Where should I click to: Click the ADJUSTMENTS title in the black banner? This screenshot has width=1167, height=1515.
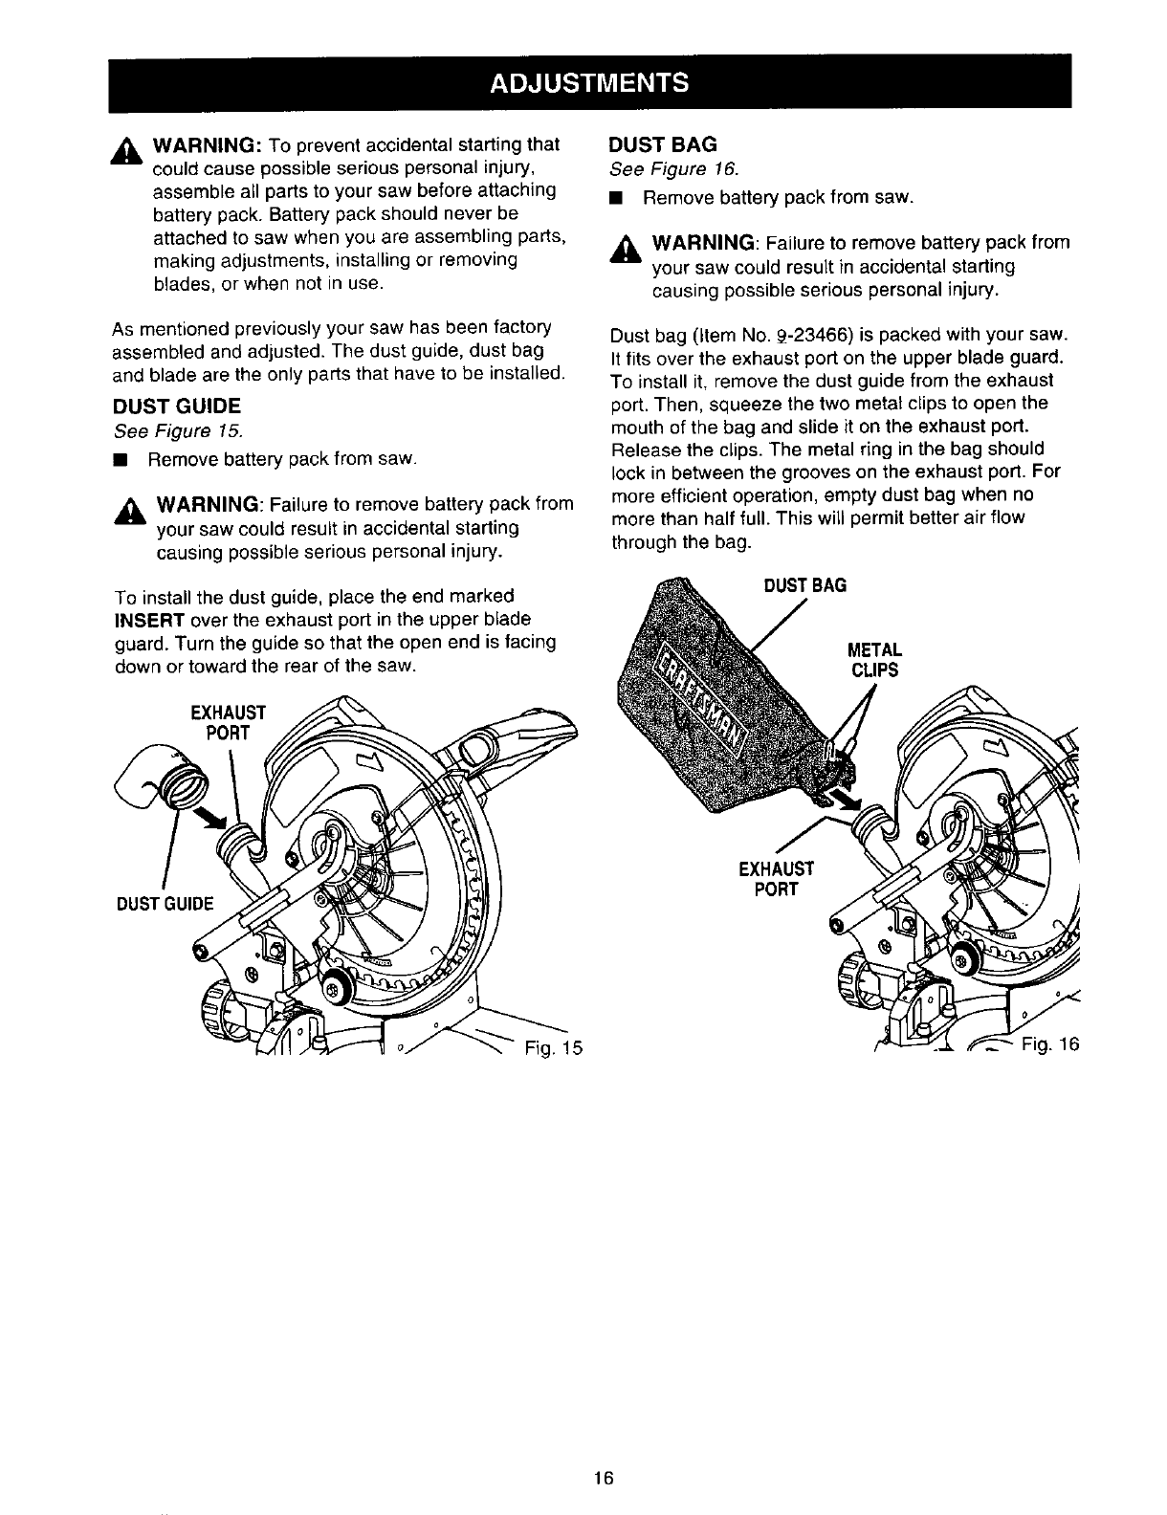click(588, 81)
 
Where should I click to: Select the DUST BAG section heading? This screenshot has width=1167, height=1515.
click(663, 144)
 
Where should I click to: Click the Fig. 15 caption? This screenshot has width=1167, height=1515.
click(553, 1045)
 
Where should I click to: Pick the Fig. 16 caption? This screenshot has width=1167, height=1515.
click(1048, 1043)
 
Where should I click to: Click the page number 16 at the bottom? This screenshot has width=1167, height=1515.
click(602, 1478)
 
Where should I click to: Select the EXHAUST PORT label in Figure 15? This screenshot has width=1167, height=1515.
click(227, 723)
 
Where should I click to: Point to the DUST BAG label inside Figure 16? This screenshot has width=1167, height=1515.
click(804, 584)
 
